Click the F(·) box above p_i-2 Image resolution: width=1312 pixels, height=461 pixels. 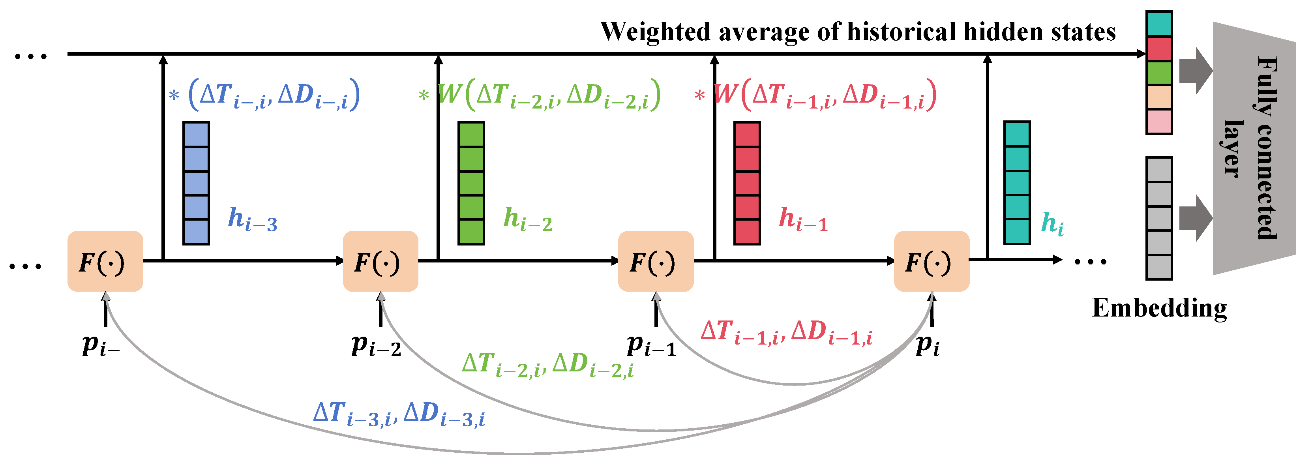(380, 261)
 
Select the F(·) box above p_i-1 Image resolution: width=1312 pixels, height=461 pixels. (656, 261)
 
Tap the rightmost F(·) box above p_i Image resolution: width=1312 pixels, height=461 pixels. (932, 261)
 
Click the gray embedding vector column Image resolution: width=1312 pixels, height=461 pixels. (1159, 218)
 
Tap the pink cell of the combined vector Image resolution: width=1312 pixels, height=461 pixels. (1159, 122)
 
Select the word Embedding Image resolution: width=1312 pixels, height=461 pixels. (1159, 308)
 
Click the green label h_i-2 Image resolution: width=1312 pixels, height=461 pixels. (528, 219)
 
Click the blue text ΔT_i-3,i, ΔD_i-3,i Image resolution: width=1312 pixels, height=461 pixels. (399, 413)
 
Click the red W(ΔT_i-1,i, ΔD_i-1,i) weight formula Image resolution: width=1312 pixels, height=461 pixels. (825, 95)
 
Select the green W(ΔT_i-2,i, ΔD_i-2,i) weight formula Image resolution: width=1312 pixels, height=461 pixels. (549, 95)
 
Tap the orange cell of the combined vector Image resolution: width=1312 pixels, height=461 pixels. (1159, 97)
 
